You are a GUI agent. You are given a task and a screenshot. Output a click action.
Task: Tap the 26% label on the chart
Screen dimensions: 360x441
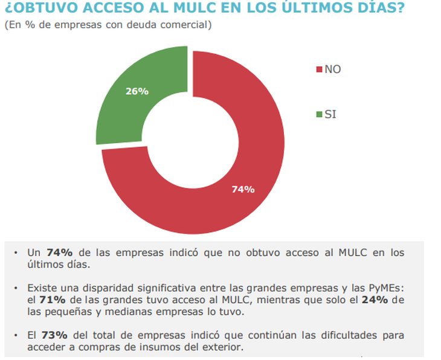point(137,91)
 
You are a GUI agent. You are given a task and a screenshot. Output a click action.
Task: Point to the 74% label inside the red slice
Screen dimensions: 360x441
point(243,189)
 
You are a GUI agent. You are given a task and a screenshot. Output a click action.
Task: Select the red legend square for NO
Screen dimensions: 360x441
point(319,69)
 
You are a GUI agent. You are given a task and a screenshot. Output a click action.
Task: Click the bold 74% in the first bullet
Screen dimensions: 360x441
point(59,252)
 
